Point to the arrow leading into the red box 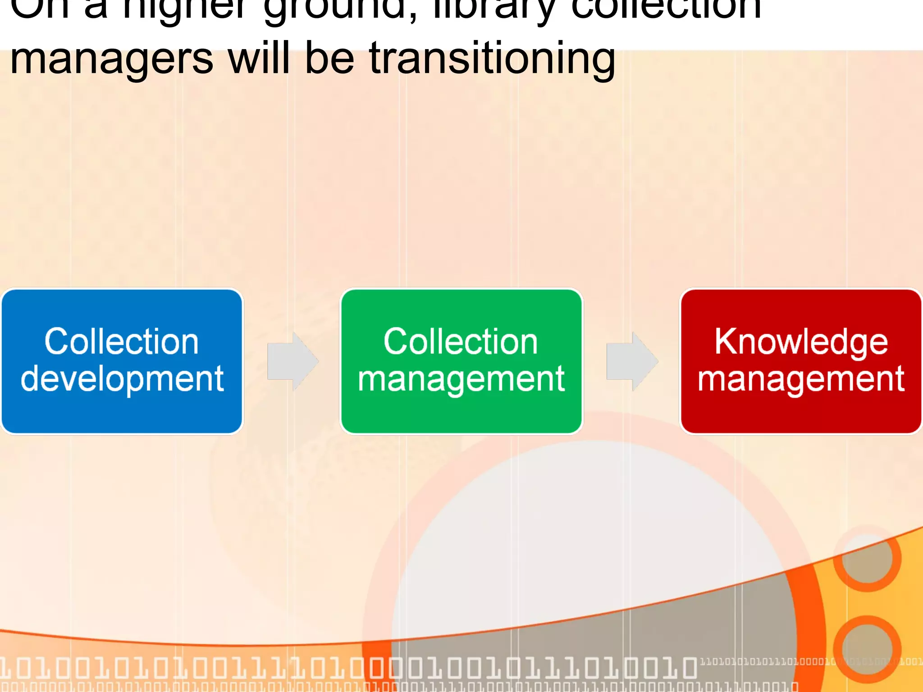click(632, 361)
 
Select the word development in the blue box click(122, 378)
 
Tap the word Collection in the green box click(461, 341)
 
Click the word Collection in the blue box click(121, 341)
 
